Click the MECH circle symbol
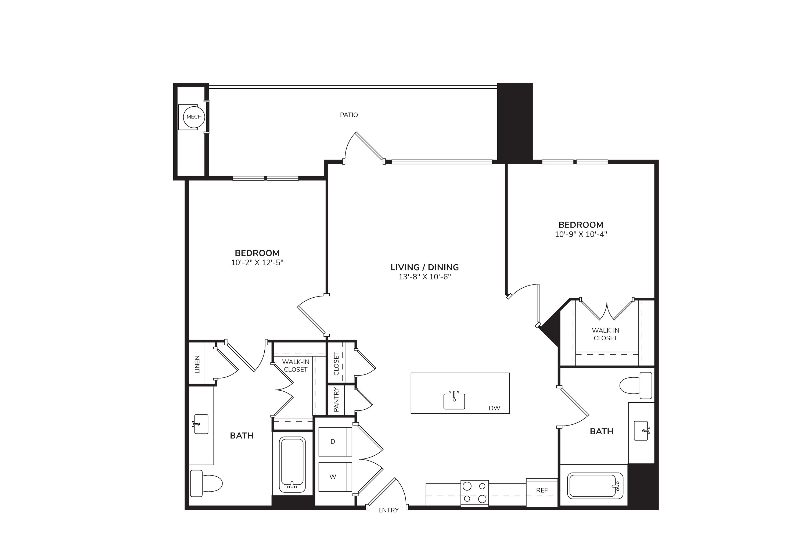pyautogui.click(x=194, y=117)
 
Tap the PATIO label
pyautogui.click(x=349, y=115)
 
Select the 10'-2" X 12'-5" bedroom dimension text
pyautogui.click(x=257, y=262)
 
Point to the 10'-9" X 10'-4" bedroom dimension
pyautogui.click(x=581, y=234)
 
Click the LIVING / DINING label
pyautogui.click(x=424, y=267)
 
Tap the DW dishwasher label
pyautogui.click(x=494, y=408)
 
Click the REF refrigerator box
pyautogui.click(x=542, y=492)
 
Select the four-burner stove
pyautogui.click(x=474, y=493)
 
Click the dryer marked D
pyautogui.click(x=335, y=442)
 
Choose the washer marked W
pyautogui.click(x=335, y=477)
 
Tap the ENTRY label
pyautogui.click(x=388, y=510)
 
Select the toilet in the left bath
pyautogui.click(x=206, y=483)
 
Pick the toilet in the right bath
pyautogui.click(x=636, y=385)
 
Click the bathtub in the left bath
pyautogui.click(x=293, y=465)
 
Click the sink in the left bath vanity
pyautogui.click(x=200, y=424)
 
